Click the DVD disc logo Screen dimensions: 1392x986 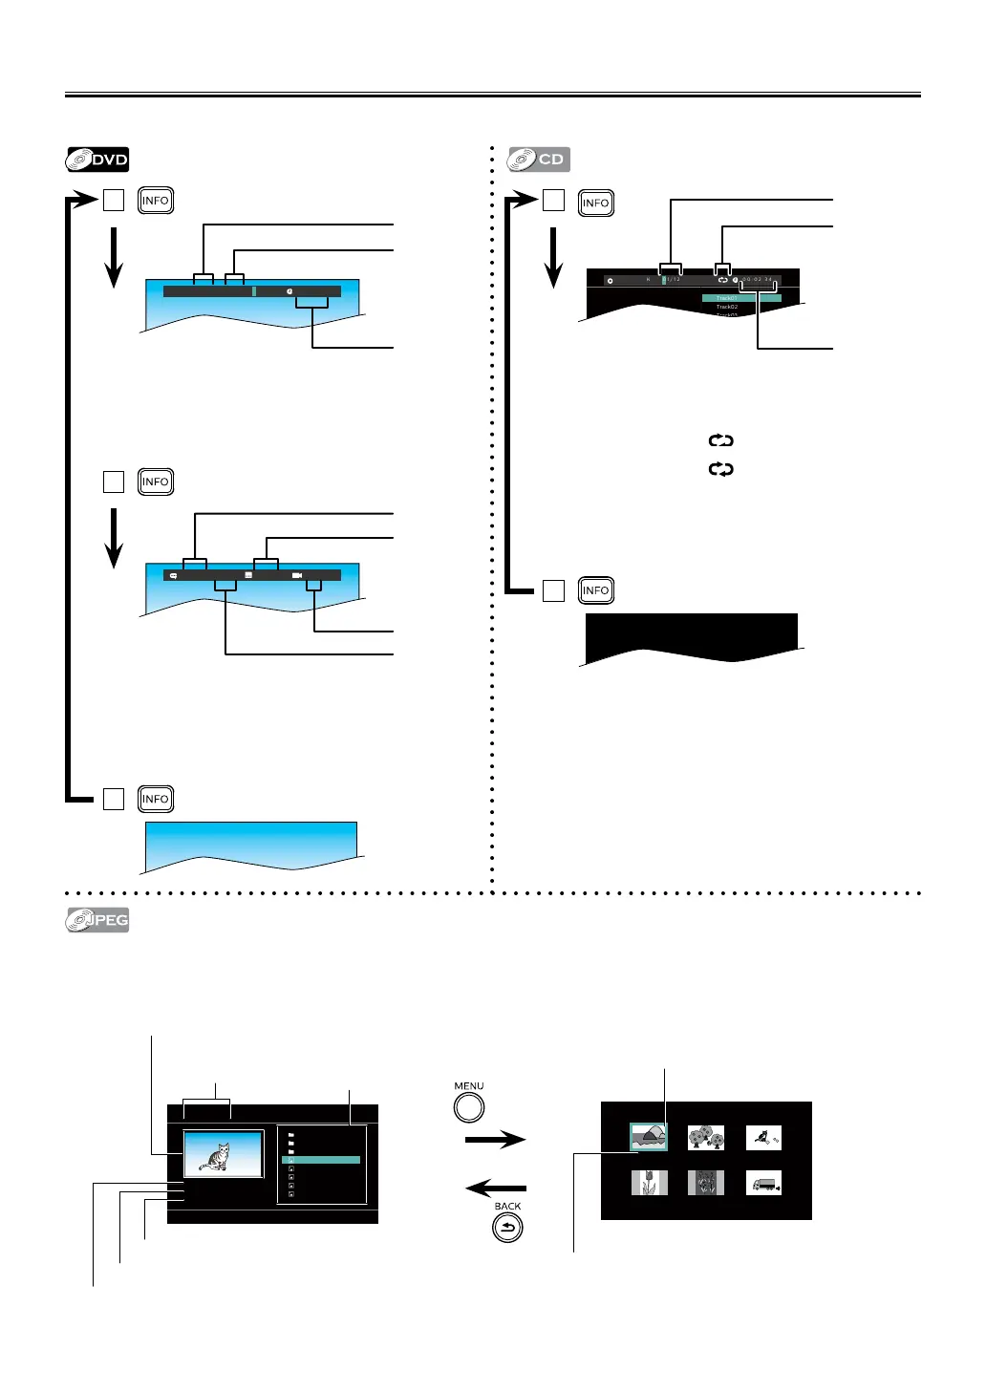(x=97, y=160)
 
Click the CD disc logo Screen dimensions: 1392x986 (x=539, y=160)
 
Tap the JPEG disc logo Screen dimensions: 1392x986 (x=97, y=920)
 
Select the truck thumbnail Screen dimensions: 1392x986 (x=763, y=1184)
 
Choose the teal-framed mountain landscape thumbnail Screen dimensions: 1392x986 (x=649, y=1136)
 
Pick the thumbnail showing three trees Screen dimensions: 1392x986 (x=706, y=1137)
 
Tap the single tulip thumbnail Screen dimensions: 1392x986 (x=649, y=1184)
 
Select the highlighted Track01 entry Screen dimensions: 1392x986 (x=741, y=298)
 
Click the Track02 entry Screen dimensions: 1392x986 (x=728, y=307)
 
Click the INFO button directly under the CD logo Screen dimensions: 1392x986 (x=595, y=203)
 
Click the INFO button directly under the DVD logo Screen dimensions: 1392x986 (x=155, y=201)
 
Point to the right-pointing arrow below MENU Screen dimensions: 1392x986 (x=495, y=1139)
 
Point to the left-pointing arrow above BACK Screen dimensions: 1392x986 (x=495, y=1188)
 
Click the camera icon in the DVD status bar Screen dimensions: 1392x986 (x=297, y=576)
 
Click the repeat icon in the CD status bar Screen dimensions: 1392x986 (x=723, y=280)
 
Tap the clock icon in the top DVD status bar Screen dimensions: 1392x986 (x=289, y=291)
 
